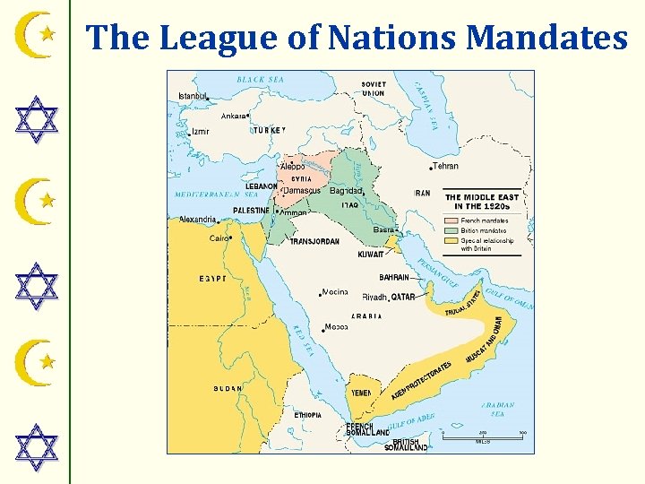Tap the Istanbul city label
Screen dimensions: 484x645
click(193, 96)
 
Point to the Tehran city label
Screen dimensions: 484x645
click(446, 166)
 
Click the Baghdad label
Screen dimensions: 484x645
click(346, 191)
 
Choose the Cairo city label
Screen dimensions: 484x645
click(219, 238)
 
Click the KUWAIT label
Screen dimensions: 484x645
click(371, 255)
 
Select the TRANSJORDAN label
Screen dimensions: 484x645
click(314, 242)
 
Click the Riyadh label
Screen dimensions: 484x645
click(374, 297)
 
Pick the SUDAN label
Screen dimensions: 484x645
click(228, 389)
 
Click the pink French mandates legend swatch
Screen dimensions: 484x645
click(452, 220)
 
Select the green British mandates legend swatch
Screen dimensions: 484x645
click(452, 230)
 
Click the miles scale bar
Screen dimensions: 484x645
click(482, 436)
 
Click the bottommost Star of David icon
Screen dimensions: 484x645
click(38, 449)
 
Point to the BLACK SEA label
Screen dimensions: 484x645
click(260, 80)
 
